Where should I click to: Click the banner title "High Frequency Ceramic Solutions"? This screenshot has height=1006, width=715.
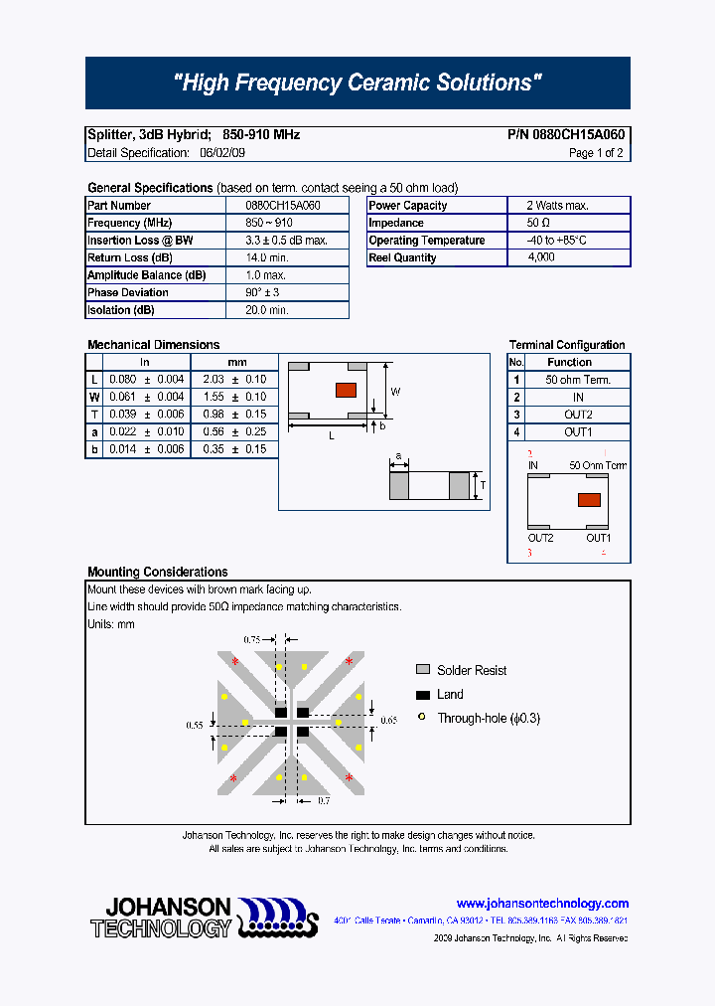point(357,84)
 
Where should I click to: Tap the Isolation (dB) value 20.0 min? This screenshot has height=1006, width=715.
point(266,310)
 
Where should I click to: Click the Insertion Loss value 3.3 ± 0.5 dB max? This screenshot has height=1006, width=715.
point(286,241)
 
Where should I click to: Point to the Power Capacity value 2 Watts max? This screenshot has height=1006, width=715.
point(557,206)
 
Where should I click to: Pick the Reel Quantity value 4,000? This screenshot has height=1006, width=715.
point(542,257)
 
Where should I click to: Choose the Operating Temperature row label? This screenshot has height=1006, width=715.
point(427,241)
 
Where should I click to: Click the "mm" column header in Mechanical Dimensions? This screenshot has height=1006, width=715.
point(236,362)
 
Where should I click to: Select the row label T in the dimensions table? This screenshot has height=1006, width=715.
point(94,415)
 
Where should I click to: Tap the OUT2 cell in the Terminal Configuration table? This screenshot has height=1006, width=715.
point(578,415)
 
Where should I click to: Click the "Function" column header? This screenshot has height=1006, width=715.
point(569,363)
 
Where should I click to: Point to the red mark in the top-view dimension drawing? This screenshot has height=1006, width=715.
point(346,389)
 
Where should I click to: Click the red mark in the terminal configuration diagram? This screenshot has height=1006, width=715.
point(589,500)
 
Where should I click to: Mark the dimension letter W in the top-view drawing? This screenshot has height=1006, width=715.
point(394,392)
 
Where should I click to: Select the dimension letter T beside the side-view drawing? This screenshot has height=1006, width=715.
point(482,486)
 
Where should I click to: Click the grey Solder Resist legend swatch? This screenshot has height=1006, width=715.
point(423,670)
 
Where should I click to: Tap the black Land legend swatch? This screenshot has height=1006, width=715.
point(423,695)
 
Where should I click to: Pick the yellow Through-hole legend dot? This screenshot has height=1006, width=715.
point(422,718)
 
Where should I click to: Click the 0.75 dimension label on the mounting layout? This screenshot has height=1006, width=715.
point(251,640)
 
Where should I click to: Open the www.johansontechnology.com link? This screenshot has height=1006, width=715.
point(542,904)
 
